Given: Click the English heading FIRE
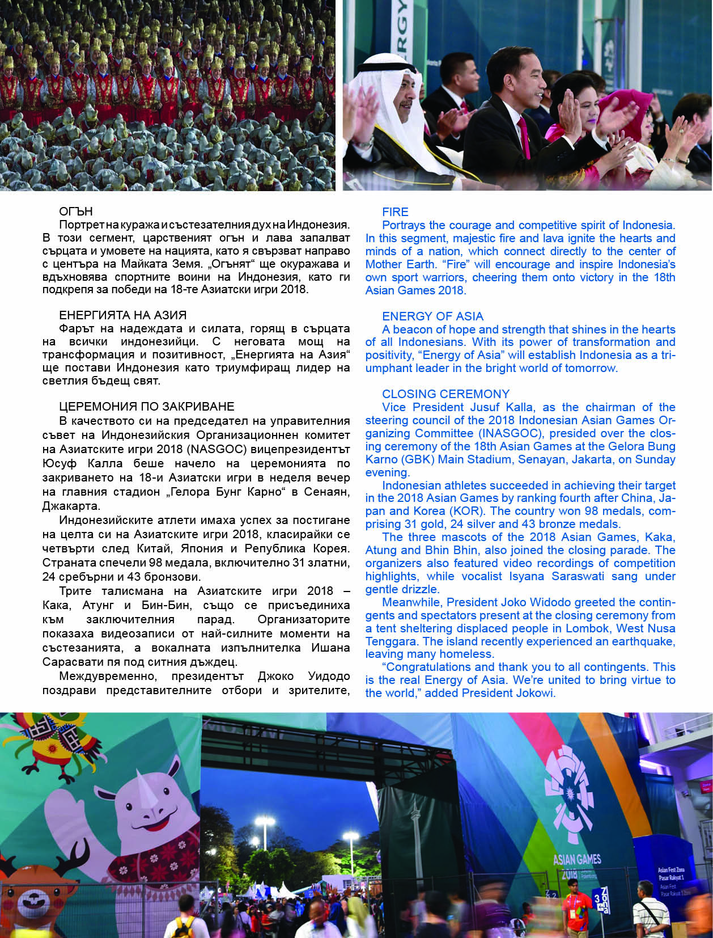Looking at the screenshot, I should [x=395, y=212].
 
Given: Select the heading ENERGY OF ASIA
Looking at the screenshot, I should [x=432, y=316].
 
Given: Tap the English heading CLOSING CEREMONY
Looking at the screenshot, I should [x=445, y=394].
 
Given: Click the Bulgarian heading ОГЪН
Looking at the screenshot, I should [x=75, y=212].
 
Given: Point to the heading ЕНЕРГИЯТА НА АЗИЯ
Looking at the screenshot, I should [x=122, y=315].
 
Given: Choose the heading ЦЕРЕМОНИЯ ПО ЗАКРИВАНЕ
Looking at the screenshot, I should [x=138, y=407].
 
